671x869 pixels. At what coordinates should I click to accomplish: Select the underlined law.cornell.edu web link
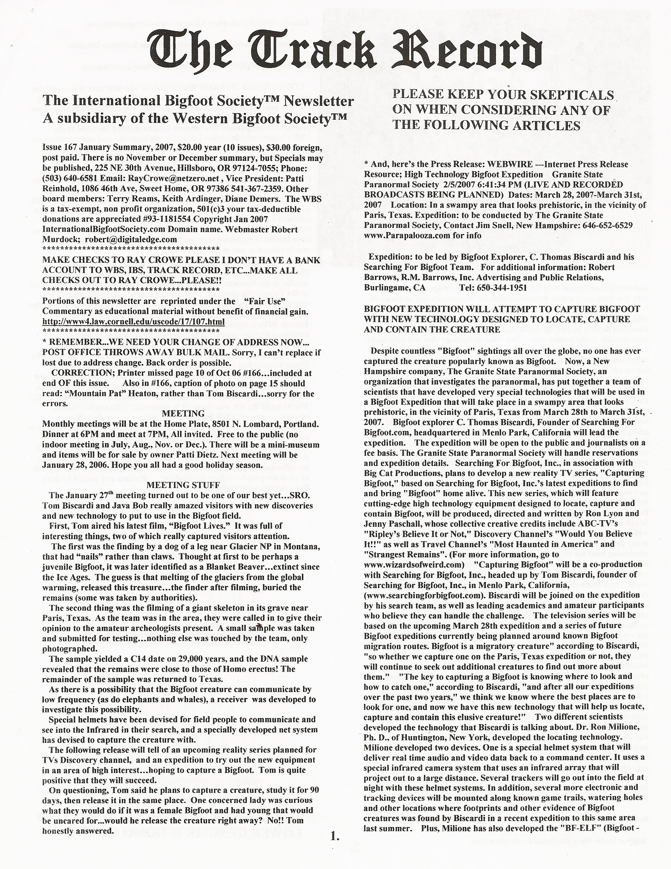[x=134, y=322]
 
